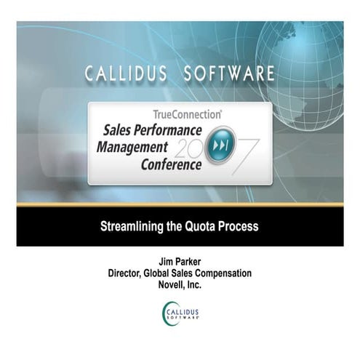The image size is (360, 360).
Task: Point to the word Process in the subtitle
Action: tap(239, 226)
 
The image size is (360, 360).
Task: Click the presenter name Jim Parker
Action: tap(179, 261)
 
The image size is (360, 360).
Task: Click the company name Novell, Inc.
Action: tap(179, 284)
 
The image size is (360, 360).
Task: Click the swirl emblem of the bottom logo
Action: tap(167, 313)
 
